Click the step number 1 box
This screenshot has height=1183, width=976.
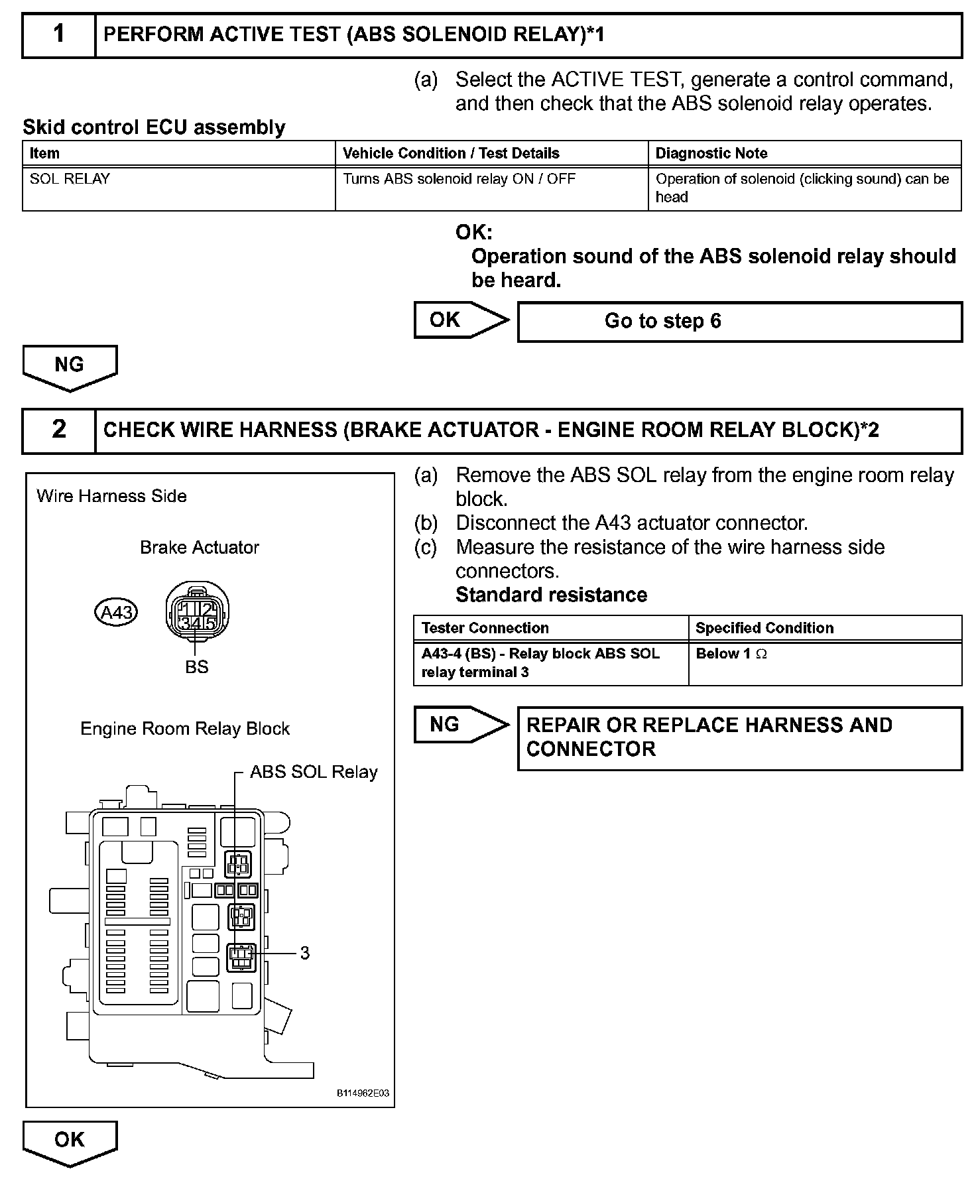[59, 34]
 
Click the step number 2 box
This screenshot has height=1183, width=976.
[59, 430]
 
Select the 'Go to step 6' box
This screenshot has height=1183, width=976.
[739, 322]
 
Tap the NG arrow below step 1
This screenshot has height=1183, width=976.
[70, 367]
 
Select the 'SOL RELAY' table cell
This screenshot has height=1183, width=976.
[178, 188]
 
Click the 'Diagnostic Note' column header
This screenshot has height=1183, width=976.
[804, 153]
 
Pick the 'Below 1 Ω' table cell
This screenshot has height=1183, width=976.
[825, 662]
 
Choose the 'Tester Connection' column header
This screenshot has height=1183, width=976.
[550, 628]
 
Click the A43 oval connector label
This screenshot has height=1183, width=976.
[116, 612]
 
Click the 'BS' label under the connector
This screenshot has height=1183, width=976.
[197, 667]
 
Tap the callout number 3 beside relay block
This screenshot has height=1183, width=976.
[304, 953]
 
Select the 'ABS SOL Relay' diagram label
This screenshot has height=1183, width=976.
[314, 772]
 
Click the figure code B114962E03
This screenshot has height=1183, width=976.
[363, 1093]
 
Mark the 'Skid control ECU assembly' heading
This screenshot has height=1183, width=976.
[154, 127]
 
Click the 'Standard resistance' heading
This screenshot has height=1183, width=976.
[551, 595]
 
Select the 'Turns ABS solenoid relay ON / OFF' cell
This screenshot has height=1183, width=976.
[491, 188]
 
